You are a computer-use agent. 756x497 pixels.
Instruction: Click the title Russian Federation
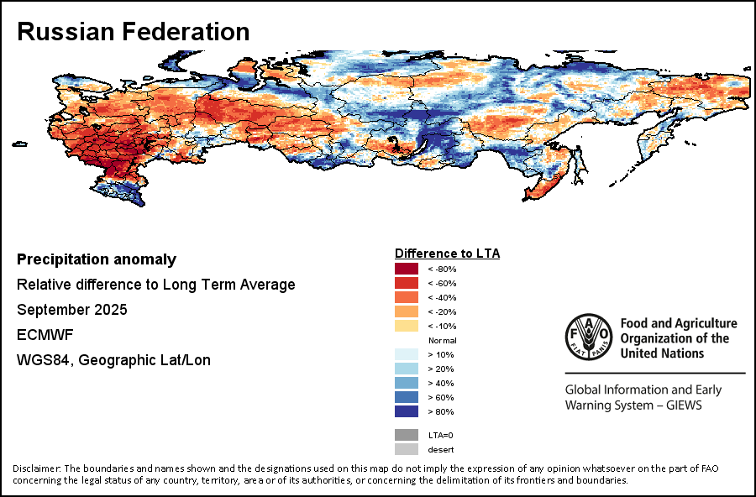(133, 32)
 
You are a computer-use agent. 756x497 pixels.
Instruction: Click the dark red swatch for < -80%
(407, 269)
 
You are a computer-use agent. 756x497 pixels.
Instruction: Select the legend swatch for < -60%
(407, 283)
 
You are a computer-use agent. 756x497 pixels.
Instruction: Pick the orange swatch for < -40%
(407, 297)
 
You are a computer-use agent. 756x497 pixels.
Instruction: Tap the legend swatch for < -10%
(407, 326)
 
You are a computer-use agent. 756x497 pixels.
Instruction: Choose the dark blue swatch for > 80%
(407, 411)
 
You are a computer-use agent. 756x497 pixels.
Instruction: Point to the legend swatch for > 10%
(407, 354)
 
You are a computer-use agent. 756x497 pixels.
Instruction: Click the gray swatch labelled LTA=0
(407, 435)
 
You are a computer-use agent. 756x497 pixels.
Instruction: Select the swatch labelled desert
(407, 449)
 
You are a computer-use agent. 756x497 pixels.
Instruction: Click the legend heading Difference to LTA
(447, 253)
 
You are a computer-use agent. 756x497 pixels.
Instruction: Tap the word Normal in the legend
(442, 340)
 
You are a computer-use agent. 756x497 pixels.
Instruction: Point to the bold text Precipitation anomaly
(97, 259)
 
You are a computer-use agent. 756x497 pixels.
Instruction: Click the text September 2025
(72, 310)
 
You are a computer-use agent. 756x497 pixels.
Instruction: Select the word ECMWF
(45, 335)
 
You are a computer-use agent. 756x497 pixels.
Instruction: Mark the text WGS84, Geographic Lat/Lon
(113, 360)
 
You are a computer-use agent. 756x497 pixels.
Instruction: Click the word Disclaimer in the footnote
(36, 468)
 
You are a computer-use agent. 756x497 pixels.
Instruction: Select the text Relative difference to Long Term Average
(156, 285)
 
